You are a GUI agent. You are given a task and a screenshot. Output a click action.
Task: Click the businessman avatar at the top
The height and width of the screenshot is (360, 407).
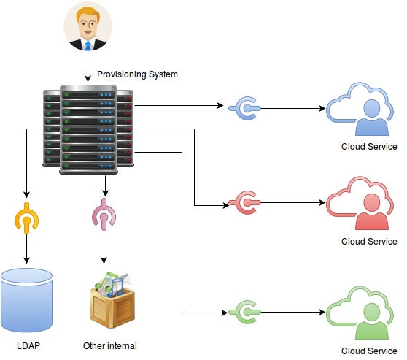tap(88, 26)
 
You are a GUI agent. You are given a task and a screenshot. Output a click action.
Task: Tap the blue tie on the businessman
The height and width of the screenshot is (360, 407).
tap(88, 46)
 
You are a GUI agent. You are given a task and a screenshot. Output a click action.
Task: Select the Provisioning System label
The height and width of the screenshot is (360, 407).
tap(137, 74)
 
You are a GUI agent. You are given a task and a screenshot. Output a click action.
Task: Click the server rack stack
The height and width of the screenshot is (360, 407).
tap(88, 129)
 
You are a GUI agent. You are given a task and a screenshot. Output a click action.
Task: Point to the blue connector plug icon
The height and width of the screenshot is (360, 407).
tap(244, 108)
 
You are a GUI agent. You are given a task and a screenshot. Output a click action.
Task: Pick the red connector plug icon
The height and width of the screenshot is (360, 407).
tap(244, 202)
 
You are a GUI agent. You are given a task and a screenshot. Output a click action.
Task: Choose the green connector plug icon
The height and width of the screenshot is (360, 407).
tap(244, 312)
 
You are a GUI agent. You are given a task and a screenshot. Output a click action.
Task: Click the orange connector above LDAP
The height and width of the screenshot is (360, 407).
tap(26, 218)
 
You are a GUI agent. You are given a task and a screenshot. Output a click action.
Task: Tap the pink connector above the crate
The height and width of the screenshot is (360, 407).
tap(104, 215)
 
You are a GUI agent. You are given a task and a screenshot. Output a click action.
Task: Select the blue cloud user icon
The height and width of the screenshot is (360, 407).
tap(360, 109)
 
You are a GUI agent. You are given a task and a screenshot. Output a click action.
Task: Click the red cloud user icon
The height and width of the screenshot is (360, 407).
tap(360, 203)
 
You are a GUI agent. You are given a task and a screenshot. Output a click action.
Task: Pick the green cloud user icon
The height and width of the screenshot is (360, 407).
tap(360, 313)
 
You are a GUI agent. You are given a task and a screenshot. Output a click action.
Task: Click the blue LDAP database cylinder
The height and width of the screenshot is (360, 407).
tap(26, 300)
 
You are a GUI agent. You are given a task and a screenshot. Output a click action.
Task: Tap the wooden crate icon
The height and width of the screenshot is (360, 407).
tap(112, 300)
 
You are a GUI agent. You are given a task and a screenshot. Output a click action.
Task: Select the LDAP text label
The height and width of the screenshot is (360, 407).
tap(28, 346)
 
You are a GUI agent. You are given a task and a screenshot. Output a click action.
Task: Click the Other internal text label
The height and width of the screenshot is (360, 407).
tap(110, 346)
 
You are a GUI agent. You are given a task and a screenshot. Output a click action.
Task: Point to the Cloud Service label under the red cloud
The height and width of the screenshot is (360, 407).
tap(369, 242)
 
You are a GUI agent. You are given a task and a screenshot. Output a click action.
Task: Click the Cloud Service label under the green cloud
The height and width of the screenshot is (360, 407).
tap(369, 351)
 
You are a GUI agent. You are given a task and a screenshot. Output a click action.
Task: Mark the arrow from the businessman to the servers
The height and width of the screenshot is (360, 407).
tap(88, 66)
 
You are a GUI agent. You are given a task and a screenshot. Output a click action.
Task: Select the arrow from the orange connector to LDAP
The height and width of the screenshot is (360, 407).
tap(26, 249)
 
